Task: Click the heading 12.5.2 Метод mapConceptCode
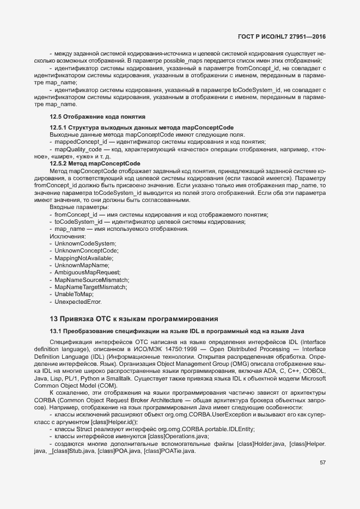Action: (x=95, y=163)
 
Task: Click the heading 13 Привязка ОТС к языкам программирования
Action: (x=134, y=318)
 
